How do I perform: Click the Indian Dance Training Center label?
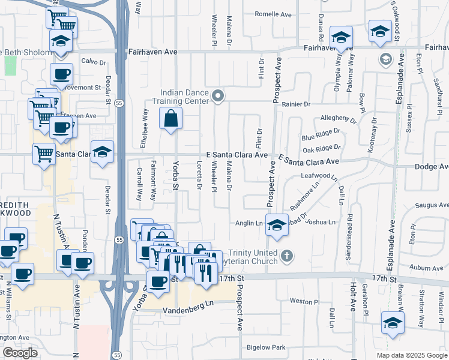[x=184, y=97]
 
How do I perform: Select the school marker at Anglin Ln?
[x=276, y=224]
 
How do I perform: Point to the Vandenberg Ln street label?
[x=188, y=306]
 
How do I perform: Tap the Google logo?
[x=20, y=353]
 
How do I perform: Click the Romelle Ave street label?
[x=273, y=14]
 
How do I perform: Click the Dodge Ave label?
[x=432, y=167]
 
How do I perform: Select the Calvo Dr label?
[x=94, y=61]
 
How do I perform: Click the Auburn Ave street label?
[x=432, y=266]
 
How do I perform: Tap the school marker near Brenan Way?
[x=393, y=322]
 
